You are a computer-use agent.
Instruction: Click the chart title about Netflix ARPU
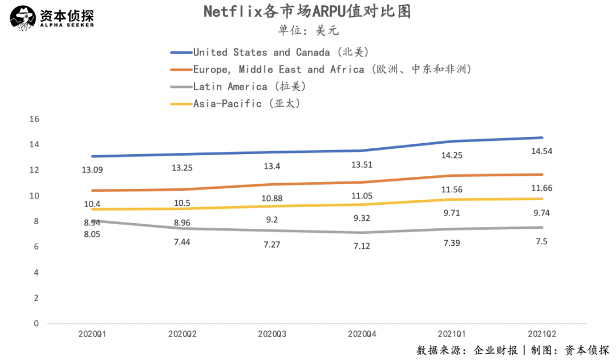[307, 12]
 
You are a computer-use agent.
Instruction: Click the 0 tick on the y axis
[36, 323]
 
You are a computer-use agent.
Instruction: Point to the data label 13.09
[92, 170]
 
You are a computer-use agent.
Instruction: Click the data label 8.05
[92, 233]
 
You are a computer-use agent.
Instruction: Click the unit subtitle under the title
[307, 30]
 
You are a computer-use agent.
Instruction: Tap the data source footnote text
[513, 350]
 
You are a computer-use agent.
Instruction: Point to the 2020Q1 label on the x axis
[92, 334]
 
